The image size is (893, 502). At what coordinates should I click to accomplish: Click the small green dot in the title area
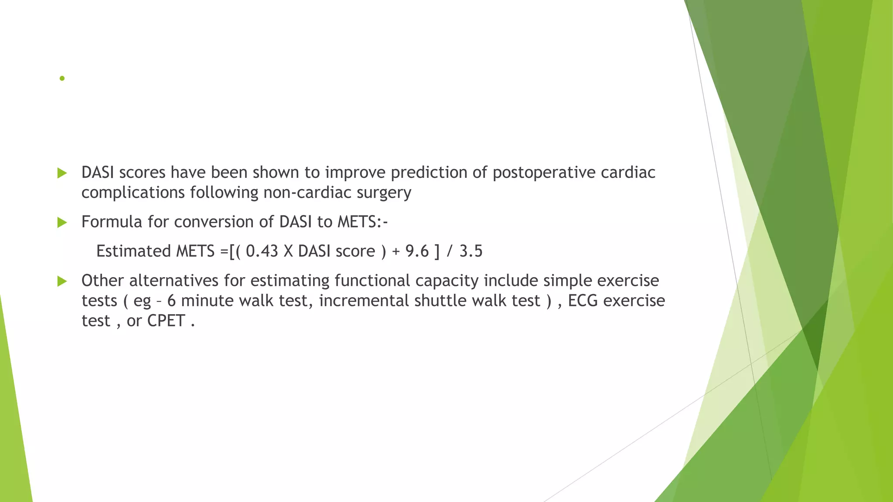(x=62, y=78)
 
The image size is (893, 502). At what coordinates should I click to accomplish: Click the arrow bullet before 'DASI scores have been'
(x=62, y=173)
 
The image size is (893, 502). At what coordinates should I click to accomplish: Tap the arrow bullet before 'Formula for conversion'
(x=62, y=223)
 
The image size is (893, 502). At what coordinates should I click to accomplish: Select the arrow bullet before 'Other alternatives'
(x=62, y=281)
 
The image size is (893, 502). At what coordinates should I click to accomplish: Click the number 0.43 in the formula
(x=262, y=251)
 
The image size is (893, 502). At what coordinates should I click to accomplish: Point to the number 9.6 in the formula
(x=417, y=251)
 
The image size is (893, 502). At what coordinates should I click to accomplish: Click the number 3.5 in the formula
(x=471, y=251)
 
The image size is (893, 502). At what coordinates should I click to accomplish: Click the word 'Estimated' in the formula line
(x=133, y=251)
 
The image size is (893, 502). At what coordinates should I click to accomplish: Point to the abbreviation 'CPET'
(x=166, y=321)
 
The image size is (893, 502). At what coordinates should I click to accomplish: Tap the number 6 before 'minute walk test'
(x=171, y=301)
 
